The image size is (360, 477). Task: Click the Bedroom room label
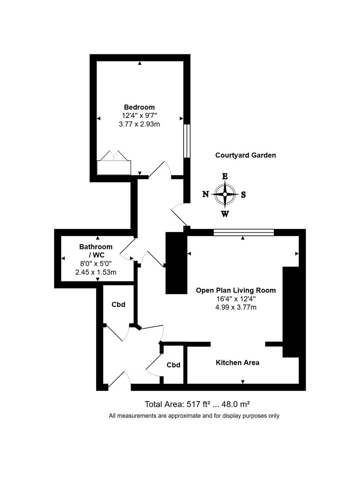139,107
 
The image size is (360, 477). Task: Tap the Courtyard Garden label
245,155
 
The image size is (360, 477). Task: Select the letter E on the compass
225,176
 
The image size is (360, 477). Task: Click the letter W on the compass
225,214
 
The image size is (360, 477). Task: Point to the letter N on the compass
206,194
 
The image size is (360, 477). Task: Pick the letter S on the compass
244,195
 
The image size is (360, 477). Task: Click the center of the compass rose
225,194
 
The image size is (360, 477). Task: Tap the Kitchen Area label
237,363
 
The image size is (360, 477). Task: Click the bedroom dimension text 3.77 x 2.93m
139,124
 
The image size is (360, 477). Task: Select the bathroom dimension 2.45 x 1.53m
96,272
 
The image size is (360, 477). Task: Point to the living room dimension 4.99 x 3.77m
236,307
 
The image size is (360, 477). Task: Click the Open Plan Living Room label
236,290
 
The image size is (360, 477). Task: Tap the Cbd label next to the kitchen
174,365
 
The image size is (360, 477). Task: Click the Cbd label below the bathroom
118,304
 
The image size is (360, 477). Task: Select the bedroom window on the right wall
186,141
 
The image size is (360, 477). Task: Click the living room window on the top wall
244,233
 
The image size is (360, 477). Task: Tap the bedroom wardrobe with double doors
114,167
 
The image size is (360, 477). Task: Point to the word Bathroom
96,247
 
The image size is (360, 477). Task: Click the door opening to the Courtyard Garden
179,215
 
